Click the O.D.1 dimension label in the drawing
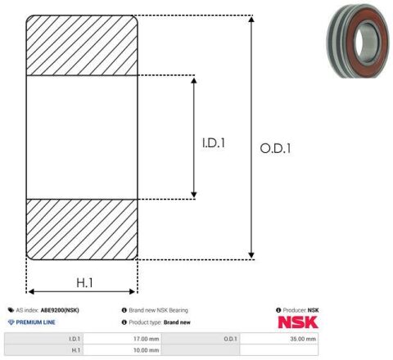(x=275, y=149)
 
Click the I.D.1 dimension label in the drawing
(x=214, y=143)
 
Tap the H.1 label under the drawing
(x=84, y=283)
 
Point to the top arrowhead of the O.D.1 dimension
(x=251, y=19)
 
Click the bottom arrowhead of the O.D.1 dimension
(x=251, y=255)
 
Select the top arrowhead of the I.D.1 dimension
(x=194, y=80)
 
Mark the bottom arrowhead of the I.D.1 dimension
(x=194, y=195)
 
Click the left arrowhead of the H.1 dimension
(x=31, y=292)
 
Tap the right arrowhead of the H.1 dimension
(x=132, y=292)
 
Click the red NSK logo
(x=298, y=322)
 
